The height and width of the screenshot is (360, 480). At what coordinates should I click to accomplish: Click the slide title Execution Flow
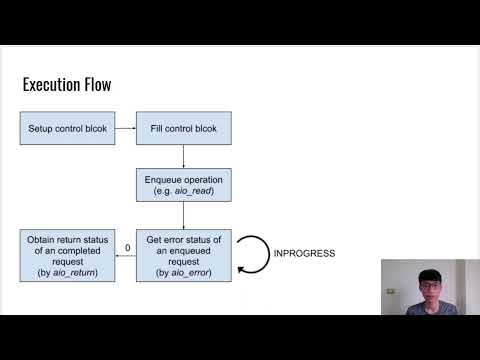[66, 85]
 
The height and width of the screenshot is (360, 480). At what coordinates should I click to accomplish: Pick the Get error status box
[184, 254]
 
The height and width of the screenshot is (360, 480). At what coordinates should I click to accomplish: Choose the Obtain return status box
[66, 254]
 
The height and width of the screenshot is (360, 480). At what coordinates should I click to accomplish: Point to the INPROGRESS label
[304, 254]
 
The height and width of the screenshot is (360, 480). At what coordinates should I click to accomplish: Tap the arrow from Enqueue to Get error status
[184, 214]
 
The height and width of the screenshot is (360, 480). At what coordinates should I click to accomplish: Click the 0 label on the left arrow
[127, 248]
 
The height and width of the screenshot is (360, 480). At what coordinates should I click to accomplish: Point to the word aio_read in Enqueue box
[194, 190]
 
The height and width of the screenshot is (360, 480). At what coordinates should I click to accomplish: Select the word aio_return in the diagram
[77, 272]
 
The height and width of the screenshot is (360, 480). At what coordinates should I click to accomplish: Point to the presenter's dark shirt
[420, 307]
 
